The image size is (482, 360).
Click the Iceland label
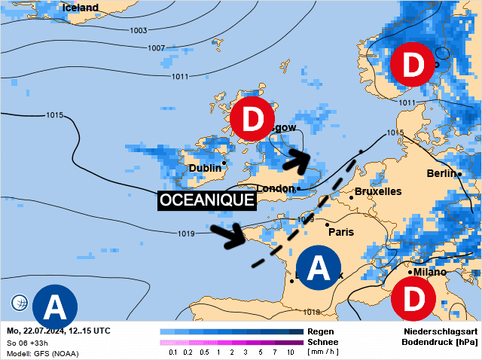81,8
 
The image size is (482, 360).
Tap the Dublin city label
205,168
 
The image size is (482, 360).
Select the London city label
276,188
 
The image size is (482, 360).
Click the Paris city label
341,232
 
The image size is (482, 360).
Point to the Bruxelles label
377,191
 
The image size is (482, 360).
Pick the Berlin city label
441,173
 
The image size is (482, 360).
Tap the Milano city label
430,271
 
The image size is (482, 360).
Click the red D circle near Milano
413,300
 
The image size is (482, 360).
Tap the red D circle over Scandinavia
411,65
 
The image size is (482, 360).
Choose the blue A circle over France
319,267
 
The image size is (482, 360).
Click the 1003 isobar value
138,30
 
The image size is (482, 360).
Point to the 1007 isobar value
156,48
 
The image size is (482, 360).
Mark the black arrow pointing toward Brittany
228,236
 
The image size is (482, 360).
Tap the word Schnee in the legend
322,342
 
